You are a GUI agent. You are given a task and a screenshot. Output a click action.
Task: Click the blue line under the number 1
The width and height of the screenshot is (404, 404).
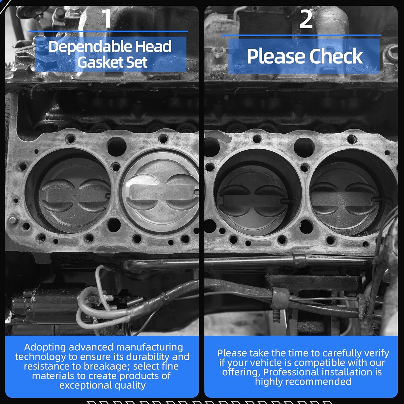108,32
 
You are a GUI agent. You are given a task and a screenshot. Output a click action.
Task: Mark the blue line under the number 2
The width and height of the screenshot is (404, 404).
301,35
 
